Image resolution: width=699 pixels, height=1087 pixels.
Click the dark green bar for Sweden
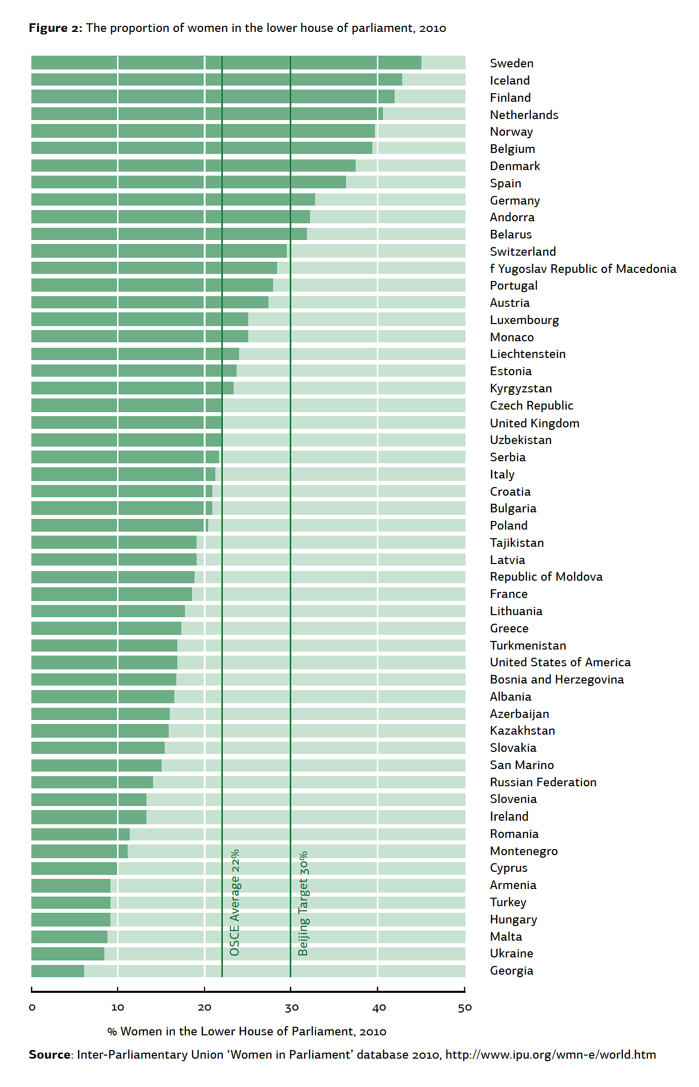(x=226, y=63)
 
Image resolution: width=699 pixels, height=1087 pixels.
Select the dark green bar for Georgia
(x=58, y=971)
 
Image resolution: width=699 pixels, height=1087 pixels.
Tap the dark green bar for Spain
(x=188, y=182)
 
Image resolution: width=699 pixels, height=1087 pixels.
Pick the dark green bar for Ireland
(x=89, y=817)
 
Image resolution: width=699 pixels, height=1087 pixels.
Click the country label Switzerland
(x=523, y=252)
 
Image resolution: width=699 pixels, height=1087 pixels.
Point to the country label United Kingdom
(x=534, y=423)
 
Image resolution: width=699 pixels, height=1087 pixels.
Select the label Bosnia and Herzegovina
(x=557, y=679)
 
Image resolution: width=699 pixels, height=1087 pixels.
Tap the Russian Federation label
(x=543, y=782)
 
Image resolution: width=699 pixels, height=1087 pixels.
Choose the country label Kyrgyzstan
(x=521, y=388)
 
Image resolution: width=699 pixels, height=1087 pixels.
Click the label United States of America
(x=560, y=662)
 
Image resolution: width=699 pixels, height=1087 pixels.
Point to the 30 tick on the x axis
(x=291, y=1007)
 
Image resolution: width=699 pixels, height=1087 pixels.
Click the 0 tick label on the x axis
(x=32, y=1007)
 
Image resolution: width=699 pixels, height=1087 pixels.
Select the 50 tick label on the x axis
(x=464, y=1007)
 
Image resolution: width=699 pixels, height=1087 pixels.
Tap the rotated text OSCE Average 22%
(x=235, y=902)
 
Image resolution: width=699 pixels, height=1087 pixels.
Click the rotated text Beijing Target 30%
(x=303, y=903)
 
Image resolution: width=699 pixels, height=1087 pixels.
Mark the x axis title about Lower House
(x=247, y=1031)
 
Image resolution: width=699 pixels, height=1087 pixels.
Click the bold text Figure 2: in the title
(x=55, y=28)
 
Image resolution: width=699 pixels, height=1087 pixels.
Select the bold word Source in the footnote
(x=50, y=1055)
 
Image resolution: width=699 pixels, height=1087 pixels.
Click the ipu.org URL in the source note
(x=551, y=1055)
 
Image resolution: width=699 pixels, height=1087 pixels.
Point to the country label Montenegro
(x=524, y=851)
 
